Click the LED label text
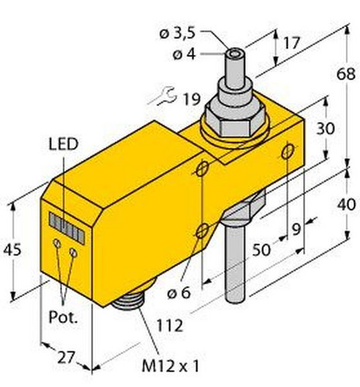coord(63,144)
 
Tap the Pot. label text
coord(63,317)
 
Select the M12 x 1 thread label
coord(170,365)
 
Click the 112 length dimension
coord(170,326)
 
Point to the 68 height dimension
coord(346,74)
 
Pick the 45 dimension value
coord(12,249)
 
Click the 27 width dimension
coord(66,358)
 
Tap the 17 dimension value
coord(291,43)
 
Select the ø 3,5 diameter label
coord(177,34)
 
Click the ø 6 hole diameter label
coord(179,293)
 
